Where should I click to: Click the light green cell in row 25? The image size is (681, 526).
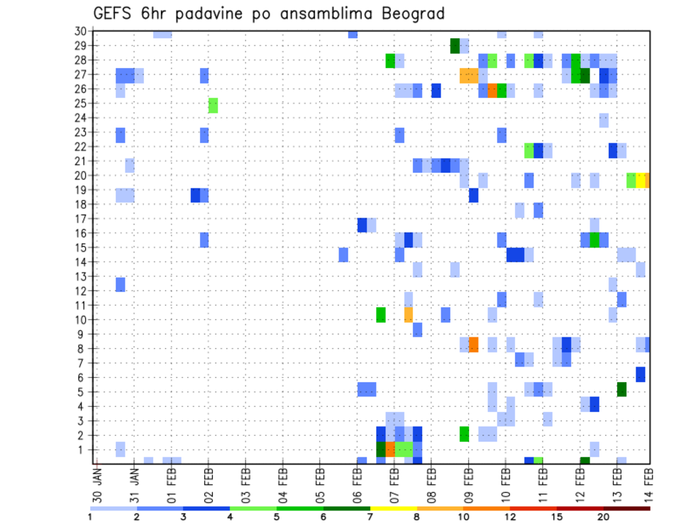coord(213,106)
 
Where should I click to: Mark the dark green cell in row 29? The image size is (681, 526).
coord(455,46)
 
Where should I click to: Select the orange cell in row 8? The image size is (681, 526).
coord(473,345)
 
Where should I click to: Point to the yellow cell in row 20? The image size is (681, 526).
coord(640,180)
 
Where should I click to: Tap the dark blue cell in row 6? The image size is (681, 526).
coord(641,374)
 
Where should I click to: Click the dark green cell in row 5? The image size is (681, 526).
coord(621,389)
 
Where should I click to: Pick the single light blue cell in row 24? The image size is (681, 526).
coord(604,121)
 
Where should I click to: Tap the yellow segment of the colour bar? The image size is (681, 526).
coord(393,508)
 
